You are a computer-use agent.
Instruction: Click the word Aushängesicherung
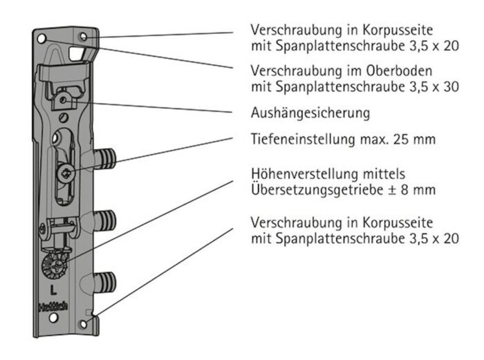[310, 112]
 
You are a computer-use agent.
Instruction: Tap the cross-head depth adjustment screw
[66, 174]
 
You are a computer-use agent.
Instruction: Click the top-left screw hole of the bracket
[41, 37]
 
